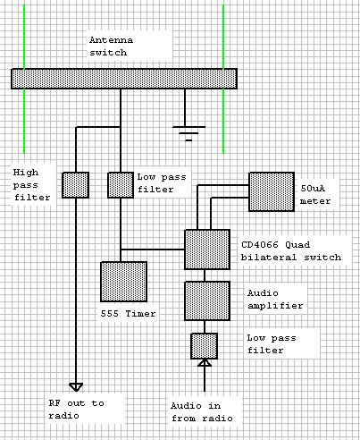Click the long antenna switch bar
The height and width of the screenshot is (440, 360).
click(x=124, y=79)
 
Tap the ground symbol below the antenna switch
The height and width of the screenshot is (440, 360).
click(x=188, y=133)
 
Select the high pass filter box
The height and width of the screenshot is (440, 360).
click(x=75, y=185)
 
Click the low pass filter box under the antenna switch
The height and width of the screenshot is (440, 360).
click(x=121, y=185)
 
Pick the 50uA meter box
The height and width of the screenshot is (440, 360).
click(x=272, y=191)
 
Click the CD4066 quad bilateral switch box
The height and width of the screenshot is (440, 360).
click(x=207, y=250)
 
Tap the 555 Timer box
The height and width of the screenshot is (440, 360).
click(x=124, y=282)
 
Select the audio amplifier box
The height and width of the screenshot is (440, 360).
click(x=207, y=300)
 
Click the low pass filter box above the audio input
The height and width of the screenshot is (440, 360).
click(x=205, y=346)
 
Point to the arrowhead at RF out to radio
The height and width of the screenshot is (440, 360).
click(x=76, y=387)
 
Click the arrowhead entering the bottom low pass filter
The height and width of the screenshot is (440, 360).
click(x=205, y=362)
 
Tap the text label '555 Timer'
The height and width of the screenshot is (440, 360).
click(x=128, y=314)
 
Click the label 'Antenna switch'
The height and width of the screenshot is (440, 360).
click(x=112, y=47)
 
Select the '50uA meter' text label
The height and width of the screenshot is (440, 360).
click(x=315, y=195)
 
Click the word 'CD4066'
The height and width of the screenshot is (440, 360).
click(x=260, y=245)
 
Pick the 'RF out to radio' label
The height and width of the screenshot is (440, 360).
click(x=77, y=410)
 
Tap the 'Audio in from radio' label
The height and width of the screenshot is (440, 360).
click(x=202, y=412)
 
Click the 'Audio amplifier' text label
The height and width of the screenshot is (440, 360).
click(x=275, y=300)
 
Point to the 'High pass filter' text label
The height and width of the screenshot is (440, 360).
click(x=31, y=185)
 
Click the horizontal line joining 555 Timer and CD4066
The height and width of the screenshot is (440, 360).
click(x=153, y=250)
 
